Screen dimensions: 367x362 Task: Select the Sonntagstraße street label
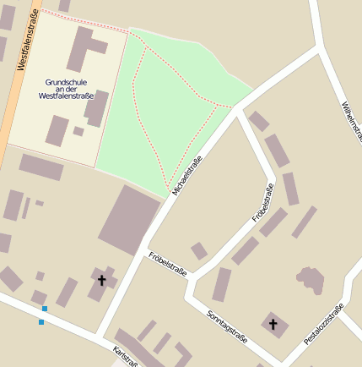point(227,326)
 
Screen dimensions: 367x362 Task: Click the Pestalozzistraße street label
point(324,322)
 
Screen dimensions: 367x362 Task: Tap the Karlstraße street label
point(125,356)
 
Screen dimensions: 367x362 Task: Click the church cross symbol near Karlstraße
point(102,279)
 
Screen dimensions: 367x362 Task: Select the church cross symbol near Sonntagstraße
point(273,324)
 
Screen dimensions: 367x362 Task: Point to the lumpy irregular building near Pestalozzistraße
point(310,280)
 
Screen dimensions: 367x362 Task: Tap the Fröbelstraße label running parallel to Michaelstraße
point(263,203)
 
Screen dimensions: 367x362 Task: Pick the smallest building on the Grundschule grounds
point(78,131)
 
